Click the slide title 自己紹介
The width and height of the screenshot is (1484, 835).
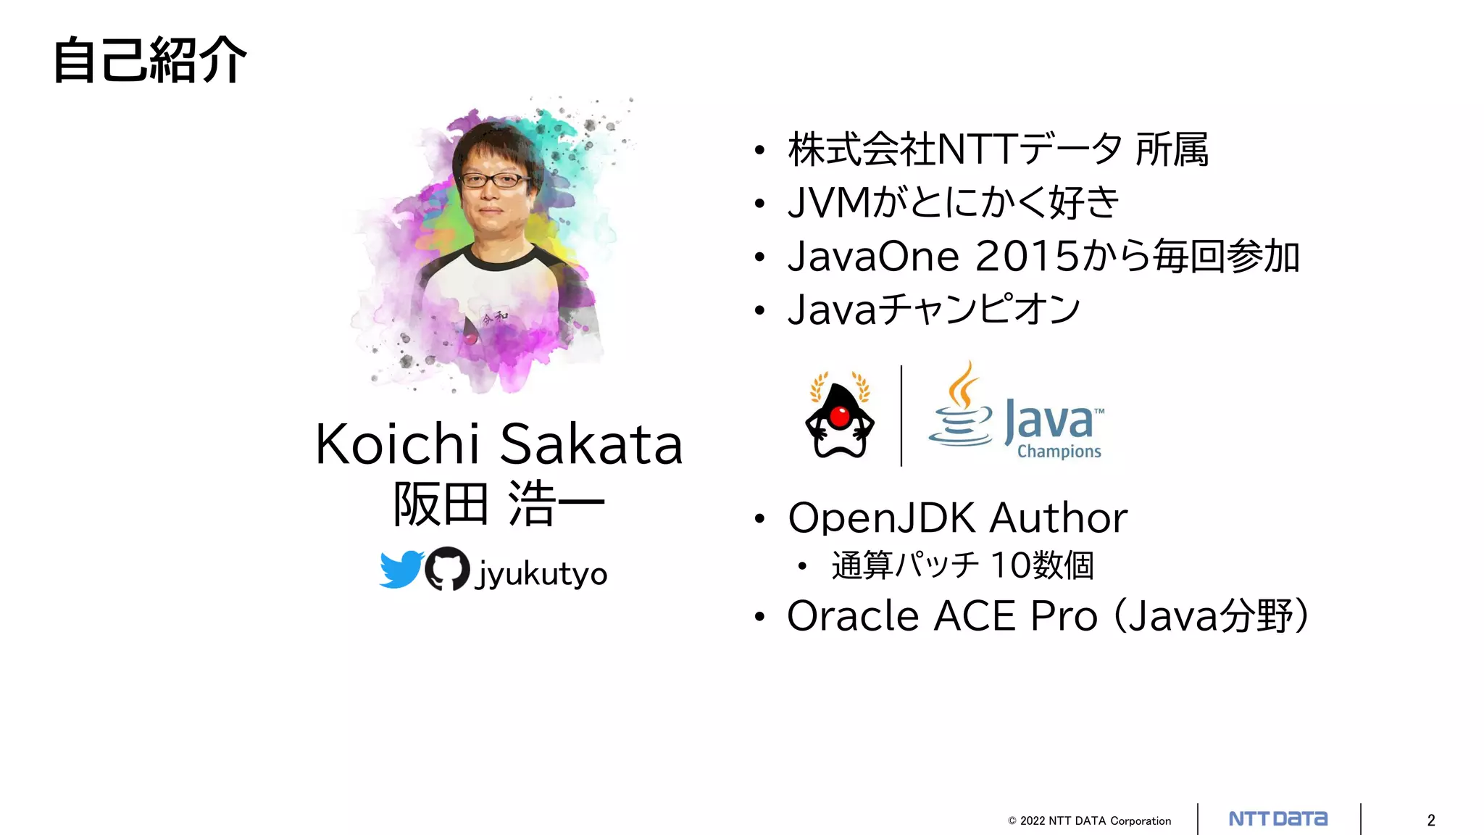[x=150, y=61]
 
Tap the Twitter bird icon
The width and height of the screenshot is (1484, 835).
[x=401, y=569]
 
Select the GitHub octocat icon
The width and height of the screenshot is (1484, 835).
[x=447, y=569]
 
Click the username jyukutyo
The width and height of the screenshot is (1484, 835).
[x=541, y=574]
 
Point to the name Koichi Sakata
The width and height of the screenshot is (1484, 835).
[x=499, y=444]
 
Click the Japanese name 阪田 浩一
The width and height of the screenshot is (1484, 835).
[x=499, y=504]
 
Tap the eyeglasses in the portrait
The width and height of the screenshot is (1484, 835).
[x=495, y=180]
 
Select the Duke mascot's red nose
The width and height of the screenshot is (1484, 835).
[x=839, y=417]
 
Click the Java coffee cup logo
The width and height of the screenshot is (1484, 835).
[x=961, y=410]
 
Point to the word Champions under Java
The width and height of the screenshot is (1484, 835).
[x=1059, y=452]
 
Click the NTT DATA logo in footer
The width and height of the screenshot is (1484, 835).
[x=1278, y=819]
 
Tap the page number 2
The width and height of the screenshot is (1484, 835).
[x=1431, y=821]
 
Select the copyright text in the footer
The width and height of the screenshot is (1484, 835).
[x=1089, y=821]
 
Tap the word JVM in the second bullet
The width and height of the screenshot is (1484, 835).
[x=829, y=203]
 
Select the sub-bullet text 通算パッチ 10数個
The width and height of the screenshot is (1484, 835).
[x=962, y=565]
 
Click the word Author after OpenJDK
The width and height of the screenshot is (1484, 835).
[x=1059, y=518]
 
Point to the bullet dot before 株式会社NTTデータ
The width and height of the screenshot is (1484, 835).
[x=759, y=151]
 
